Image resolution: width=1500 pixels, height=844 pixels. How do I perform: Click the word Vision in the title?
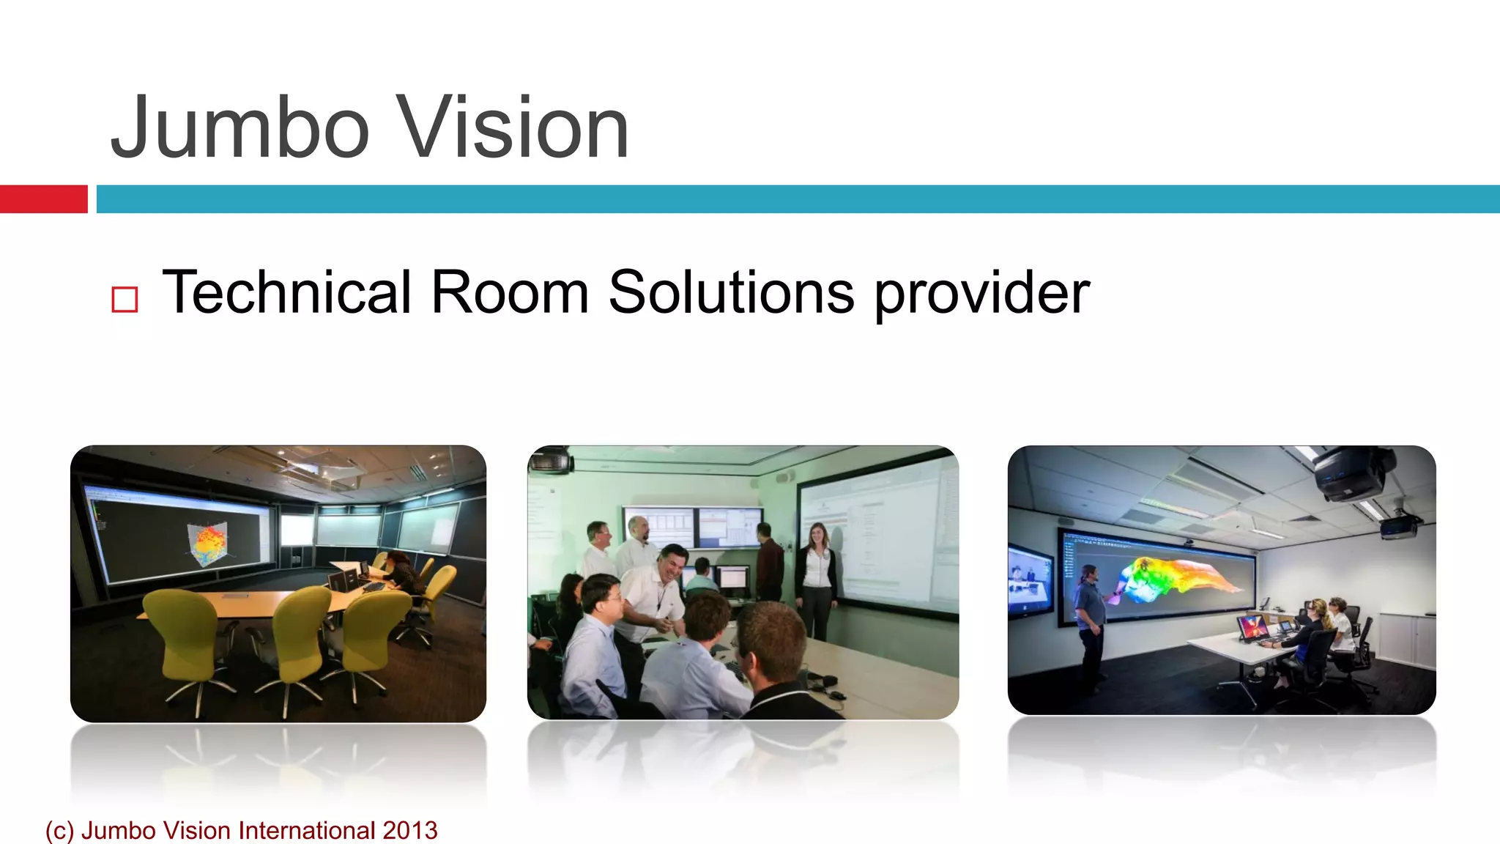(x=512, y=128)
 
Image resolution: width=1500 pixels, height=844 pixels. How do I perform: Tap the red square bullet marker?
(x=125, y=300)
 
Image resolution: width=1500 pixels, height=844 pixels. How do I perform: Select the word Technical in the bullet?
(x=286, y=292)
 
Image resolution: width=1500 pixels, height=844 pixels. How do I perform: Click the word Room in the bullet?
(x=510, y=292)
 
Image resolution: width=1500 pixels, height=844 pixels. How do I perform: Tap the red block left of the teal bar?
(x=43, y=199)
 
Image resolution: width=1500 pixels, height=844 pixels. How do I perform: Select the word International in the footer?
(x=307, y=830)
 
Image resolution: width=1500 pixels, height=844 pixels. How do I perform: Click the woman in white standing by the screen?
(x=817, y=579)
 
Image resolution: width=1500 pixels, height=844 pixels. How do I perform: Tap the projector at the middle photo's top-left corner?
(x=551, y=460)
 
